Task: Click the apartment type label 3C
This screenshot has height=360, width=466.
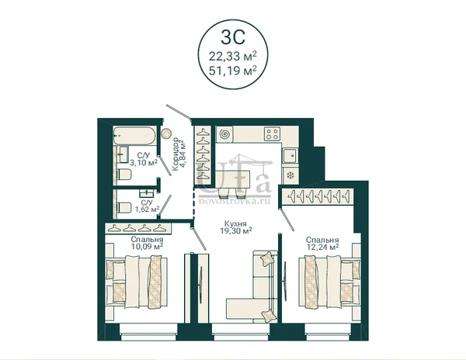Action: tap(233, 36)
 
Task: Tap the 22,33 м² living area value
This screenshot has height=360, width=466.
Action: tap(233, 56)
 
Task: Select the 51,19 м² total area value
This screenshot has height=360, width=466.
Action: tap(233, 71)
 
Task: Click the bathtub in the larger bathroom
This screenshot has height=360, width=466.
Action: tap(134, 136)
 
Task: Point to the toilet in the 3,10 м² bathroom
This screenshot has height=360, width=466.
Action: tap(124, 175)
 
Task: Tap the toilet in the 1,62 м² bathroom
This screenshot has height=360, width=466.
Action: tap(124, 207)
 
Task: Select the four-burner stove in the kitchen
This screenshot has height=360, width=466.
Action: tap(273, 133)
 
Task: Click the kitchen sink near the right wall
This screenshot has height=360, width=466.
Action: tap(290, 156)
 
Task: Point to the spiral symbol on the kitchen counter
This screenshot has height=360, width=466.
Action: tap(224, 134)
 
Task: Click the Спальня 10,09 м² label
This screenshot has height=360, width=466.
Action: tap(147, 243)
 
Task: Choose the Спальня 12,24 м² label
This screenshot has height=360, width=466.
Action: tap(323, 243)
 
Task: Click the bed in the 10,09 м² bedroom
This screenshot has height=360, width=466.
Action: tap(137, 282)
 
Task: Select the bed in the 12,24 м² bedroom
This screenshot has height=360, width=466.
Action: tap(329, 282)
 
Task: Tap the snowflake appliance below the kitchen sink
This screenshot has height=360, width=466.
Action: tap(290, 175)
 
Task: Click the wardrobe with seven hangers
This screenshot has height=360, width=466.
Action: tap(318, 196)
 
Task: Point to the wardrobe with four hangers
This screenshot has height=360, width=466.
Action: tap(138, 228)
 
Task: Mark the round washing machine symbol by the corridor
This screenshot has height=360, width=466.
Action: tap(166, 133)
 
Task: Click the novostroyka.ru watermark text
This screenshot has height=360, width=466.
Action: tap(235, 201)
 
